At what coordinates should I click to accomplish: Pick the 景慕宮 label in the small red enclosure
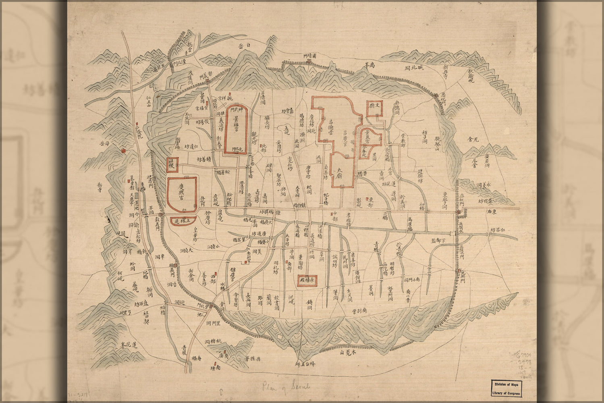coord(369,139)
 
